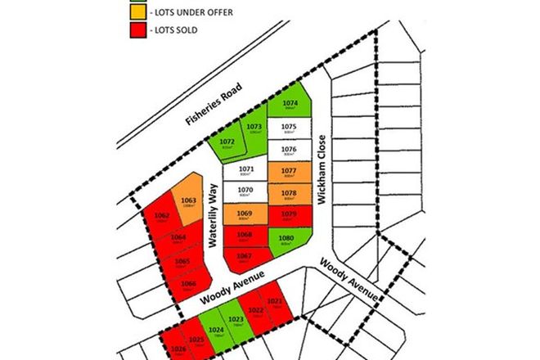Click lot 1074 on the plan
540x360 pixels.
289,106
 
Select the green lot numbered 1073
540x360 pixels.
254,128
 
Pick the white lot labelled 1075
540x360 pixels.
288,128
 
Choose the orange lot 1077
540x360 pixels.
288,173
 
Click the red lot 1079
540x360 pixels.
288,215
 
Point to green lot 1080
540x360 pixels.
288,240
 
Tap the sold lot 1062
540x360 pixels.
161,217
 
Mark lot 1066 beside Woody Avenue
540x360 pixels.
188,286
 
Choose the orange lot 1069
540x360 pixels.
244,214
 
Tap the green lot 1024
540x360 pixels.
216,331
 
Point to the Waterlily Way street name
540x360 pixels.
212,214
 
